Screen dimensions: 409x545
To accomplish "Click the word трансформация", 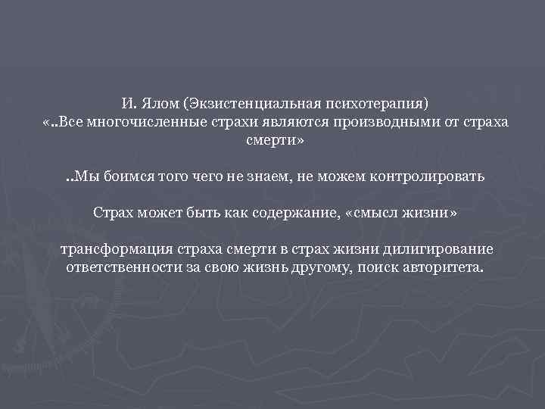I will [x=111, y=249].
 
